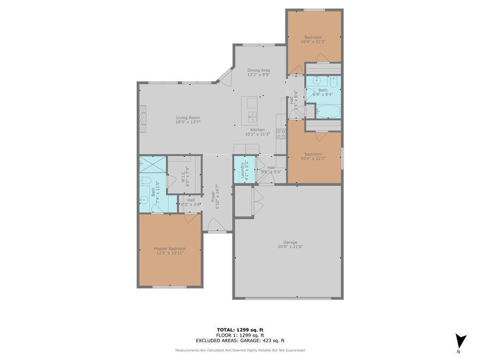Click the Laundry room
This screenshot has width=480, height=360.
tap(244, 169)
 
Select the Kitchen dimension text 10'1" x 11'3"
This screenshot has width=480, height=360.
tap(258, 134)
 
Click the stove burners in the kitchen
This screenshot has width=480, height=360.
tap(281, 133)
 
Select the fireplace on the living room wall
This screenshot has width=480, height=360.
tap(142, 118)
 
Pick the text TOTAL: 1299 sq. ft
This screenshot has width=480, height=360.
tap(239, 330)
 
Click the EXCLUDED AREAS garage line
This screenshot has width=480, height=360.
tap(239, 340)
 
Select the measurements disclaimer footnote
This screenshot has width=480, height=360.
tap(240, 350)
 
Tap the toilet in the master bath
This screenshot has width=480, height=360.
tap(146, 182)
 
